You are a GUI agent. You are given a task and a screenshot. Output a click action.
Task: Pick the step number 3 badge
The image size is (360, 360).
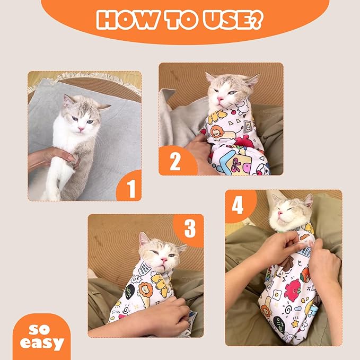tap(189, 229)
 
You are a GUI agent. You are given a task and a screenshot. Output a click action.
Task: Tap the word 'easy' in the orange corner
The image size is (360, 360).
tap(42, 343)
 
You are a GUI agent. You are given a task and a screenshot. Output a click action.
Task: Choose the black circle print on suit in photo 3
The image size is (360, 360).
tap(130, 291)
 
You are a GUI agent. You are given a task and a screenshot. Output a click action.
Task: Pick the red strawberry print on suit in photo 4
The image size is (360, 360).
tap(294, 291)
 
